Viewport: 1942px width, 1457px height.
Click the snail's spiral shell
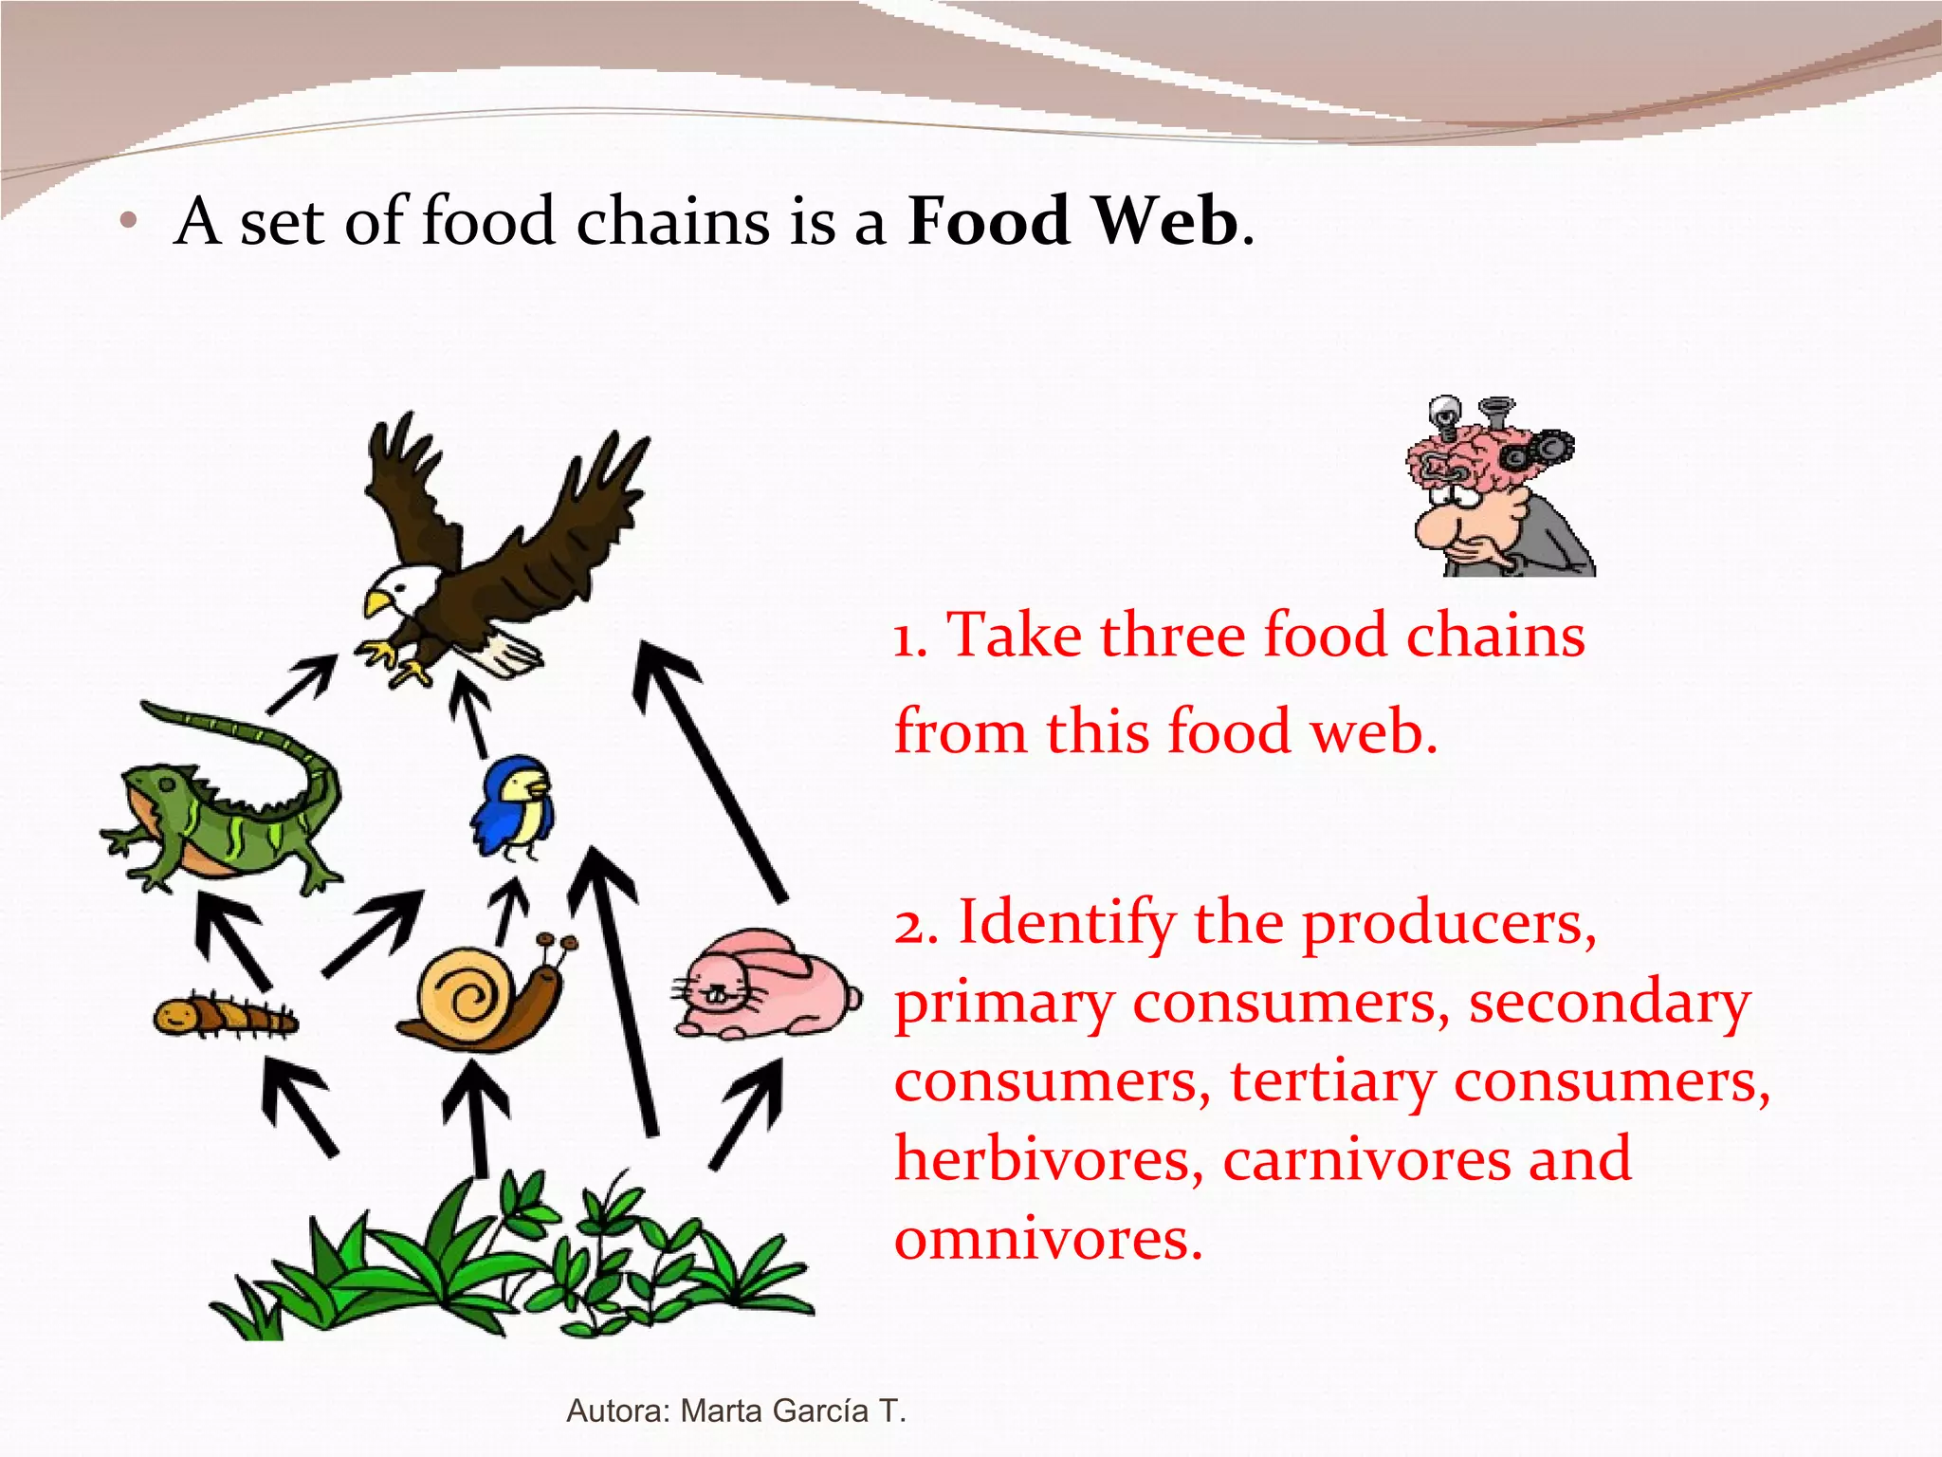(x=467, y=995)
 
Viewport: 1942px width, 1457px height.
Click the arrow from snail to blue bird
(x=511, y=912)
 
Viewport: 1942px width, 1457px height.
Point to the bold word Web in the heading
(x=1166, y=221)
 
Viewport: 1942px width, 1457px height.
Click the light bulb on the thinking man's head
(x=1444, y=415)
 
